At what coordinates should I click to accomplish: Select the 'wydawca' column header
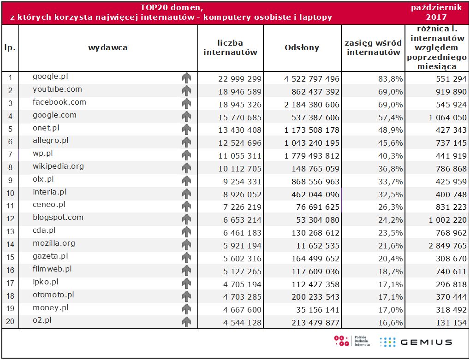[108, 47]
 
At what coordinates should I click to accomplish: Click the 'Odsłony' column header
[302, 47]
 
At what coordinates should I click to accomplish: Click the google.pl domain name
[50, 77]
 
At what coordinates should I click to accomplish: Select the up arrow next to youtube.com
[186, 91]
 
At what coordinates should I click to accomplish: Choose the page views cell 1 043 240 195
[312, 143]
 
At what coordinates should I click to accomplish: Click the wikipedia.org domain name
[58, 166]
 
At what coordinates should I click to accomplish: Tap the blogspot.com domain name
[58, 218]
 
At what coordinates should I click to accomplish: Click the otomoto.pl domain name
[53, 295]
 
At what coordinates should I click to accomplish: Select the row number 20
[10, 322]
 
